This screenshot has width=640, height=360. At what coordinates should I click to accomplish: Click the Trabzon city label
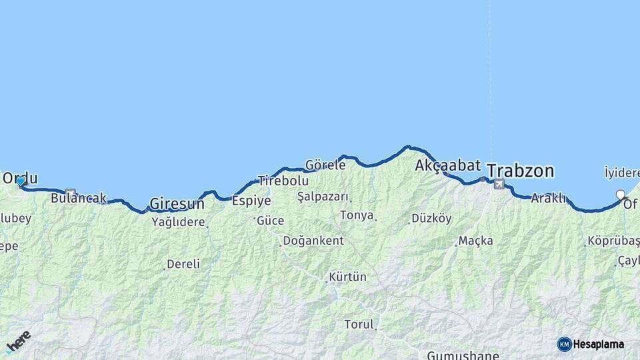pos(520,171)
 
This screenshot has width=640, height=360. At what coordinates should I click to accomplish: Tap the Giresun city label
pos(177,203)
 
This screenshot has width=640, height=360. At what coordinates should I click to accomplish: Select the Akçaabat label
pos(447,165)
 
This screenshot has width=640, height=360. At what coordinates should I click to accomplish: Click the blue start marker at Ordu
pos(21,181)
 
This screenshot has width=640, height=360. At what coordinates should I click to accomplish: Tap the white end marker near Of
pos(621,195)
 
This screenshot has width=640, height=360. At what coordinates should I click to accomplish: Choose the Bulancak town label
pos(78,198)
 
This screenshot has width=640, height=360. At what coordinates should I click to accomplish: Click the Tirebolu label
pos(283,181)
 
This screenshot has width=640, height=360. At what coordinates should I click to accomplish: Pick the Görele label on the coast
pos(325,165)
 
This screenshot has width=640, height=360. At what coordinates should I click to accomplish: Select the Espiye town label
pos(251,201)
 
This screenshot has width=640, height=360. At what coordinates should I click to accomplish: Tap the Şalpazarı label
pos(323,197)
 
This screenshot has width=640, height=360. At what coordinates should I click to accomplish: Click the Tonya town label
pos(357,215)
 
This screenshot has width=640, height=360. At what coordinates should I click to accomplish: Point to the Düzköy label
pos(431,218)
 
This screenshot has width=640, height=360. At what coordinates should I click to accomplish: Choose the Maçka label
pos(476,240)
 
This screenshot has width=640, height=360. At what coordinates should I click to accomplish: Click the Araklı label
pos(549,198)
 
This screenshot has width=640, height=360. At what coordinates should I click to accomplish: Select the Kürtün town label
pos(347,277)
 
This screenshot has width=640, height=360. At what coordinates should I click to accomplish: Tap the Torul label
pos(359,325)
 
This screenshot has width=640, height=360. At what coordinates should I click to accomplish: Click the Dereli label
pos(183,264)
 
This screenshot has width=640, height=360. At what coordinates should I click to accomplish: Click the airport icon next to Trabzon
pos(499,185)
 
